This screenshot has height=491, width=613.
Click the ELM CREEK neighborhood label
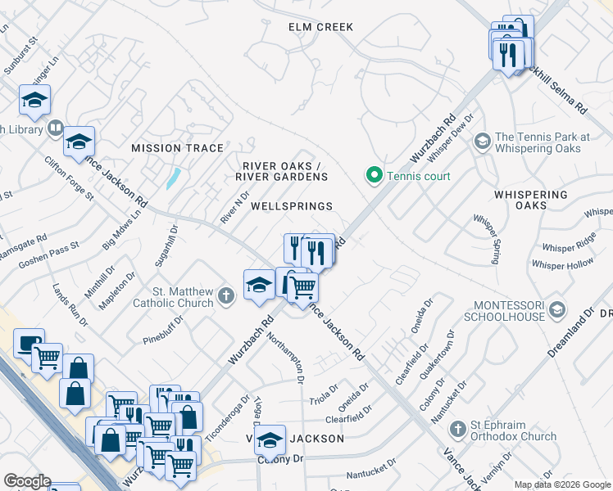click(320, 27)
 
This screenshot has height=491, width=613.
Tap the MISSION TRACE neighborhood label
click(178, 148)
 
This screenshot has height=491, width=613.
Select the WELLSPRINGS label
click(291, 206)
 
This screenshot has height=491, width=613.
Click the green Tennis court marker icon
click(374, 174)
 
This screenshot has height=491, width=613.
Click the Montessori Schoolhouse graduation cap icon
click(557, 309)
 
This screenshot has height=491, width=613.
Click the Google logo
click(26, 481)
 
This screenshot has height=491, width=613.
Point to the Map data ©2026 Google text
click(562, 484)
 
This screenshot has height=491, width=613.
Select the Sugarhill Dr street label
click(165, 249)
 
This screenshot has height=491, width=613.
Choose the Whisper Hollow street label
click(562, 264)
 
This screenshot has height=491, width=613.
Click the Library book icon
click(55, 128)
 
